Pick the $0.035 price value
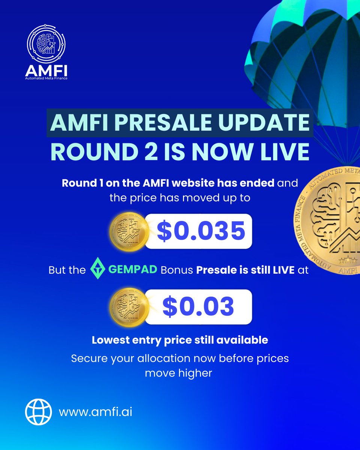coord(201,231)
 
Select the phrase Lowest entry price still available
coord(180,340)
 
